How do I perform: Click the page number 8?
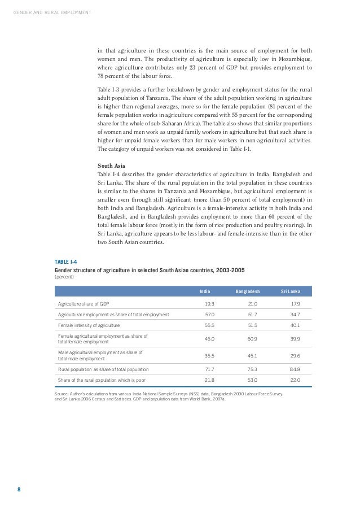click(19, 490)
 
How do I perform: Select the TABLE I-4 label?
click(65, 262)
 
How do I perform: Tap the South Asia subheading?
click(111, 166)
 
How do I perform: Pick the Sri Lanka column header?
click(290, 291)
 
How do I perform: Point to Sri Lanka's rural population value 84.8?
click(294, 369)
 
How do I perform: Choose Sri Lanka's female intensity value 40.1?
click(294, 325)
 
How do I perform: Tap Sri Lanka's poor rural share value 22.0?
click(294, 380)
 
